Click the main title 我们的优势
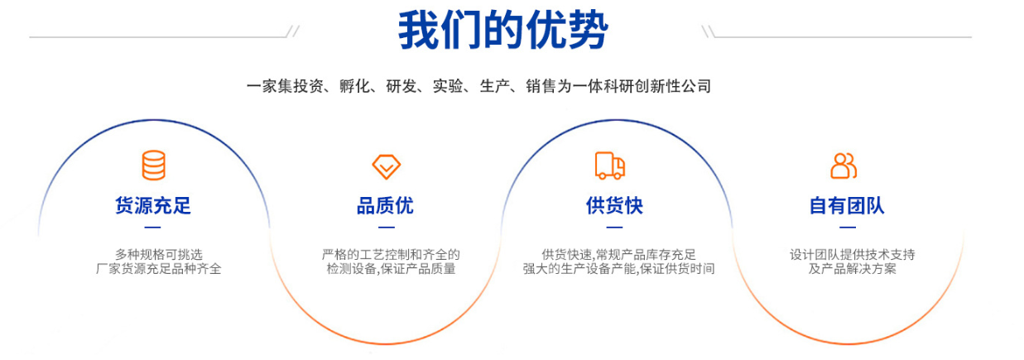click(502, 30)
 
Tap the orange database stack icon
click(154, 165)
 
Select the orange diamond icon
click(387, 166)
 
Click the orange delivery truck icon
click(610, 166)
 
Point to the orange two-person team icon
click(844, 166)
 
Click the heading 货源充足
click(152, 205)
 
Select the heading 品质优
click(385, 205)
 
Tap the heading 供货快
click(614, 205)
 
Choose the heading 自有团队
click(847, 205)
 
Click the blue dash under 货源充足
click(152, 227)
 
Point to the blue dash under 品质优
click(387, 227)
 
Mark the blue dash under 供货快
click(614, 227)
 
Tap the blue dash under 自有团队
click(848, 227)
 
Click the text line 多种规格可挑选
click(159, 254)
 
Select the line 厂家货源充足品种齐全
click(159, 269)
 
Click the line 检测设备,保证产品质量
click(392, 269)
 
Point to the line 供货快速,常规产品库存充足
click(618, 254)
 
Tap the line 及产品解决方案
click(852, 269)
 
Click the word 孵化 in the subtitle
click(355, 86)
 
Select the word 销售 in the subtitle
click(541, 86)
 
